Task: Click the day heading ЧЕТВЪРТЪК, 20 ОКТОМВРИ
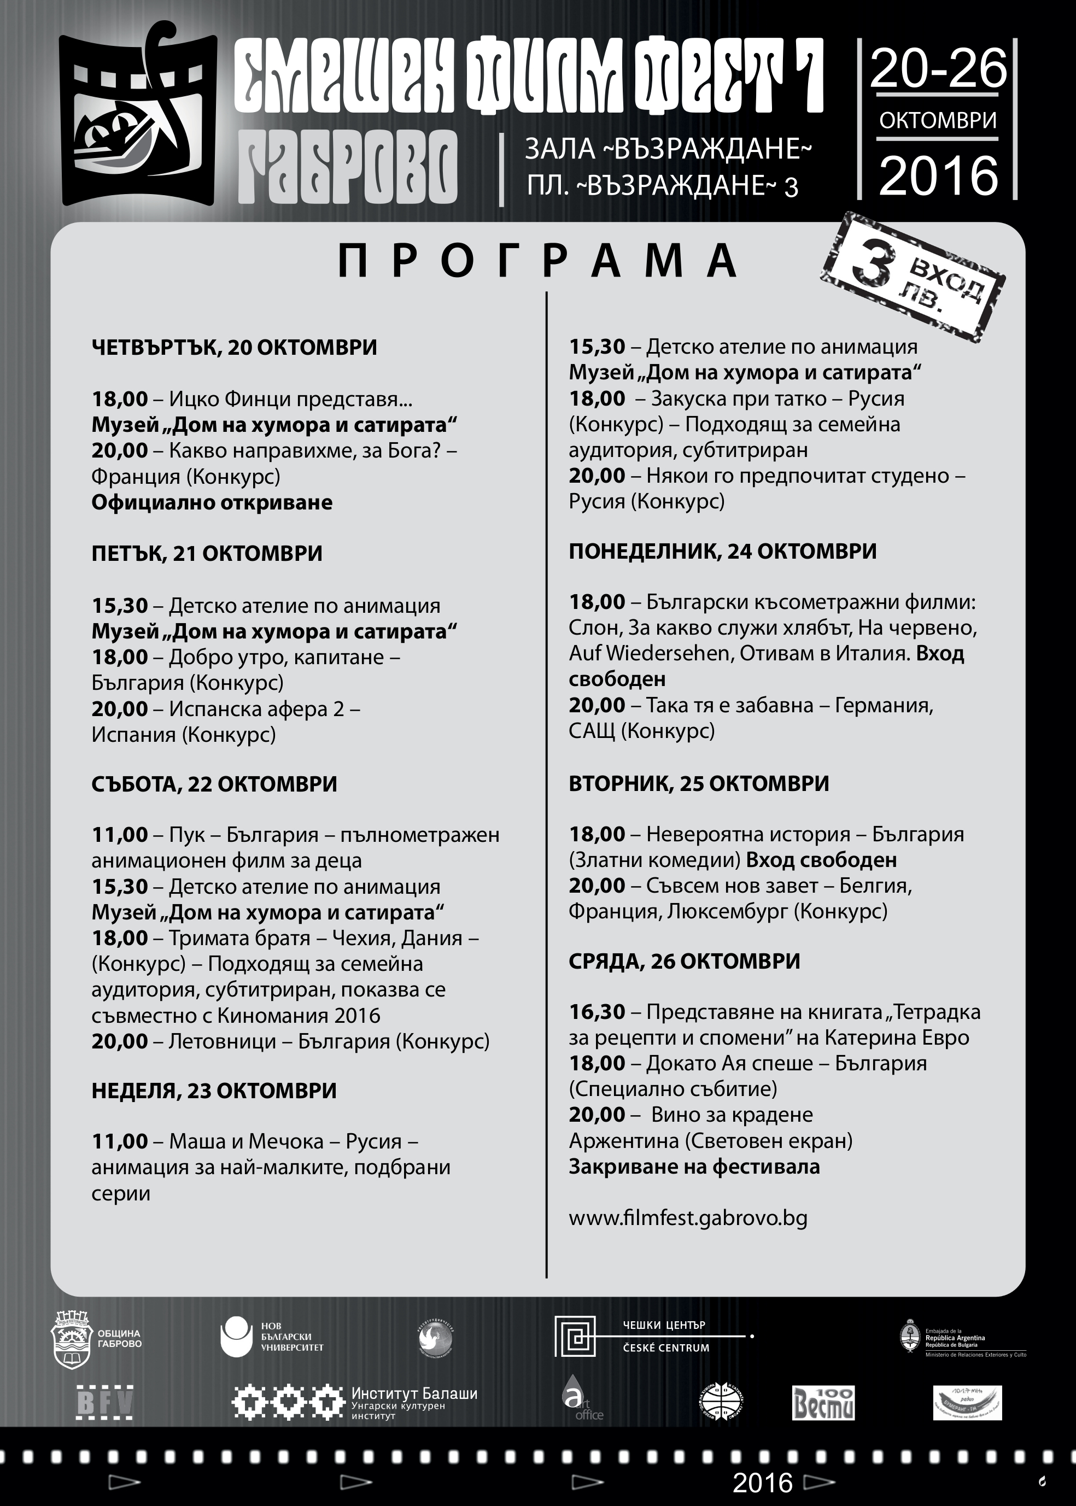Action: (234, 348)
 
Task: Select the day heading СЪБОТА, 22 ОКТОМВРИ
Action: (214, 784)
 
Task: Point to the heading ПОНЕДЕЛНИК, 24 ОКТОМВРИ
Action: (722, 551)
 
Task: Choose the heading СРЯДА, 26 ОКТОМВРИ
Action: (684, 961)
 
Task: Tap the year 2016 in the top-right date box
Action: (938, 176)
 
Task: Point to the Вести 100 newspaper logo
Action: (823, 1403)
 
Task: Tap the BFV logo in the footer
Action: (104, 1403)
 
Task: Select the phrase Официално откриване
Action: (212, 502)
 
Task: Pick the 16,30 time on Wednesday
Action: (597, 1012)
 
